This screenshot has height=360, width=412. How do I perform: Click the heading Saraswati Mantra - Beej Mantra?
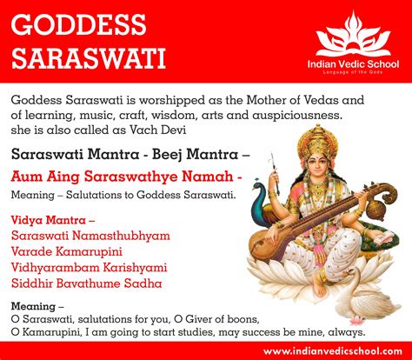pyautogui.click(x=131, y=153)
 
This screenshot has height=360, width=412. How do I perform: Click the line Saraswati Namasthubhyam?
pyautogui.click(x=91, y=236)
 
